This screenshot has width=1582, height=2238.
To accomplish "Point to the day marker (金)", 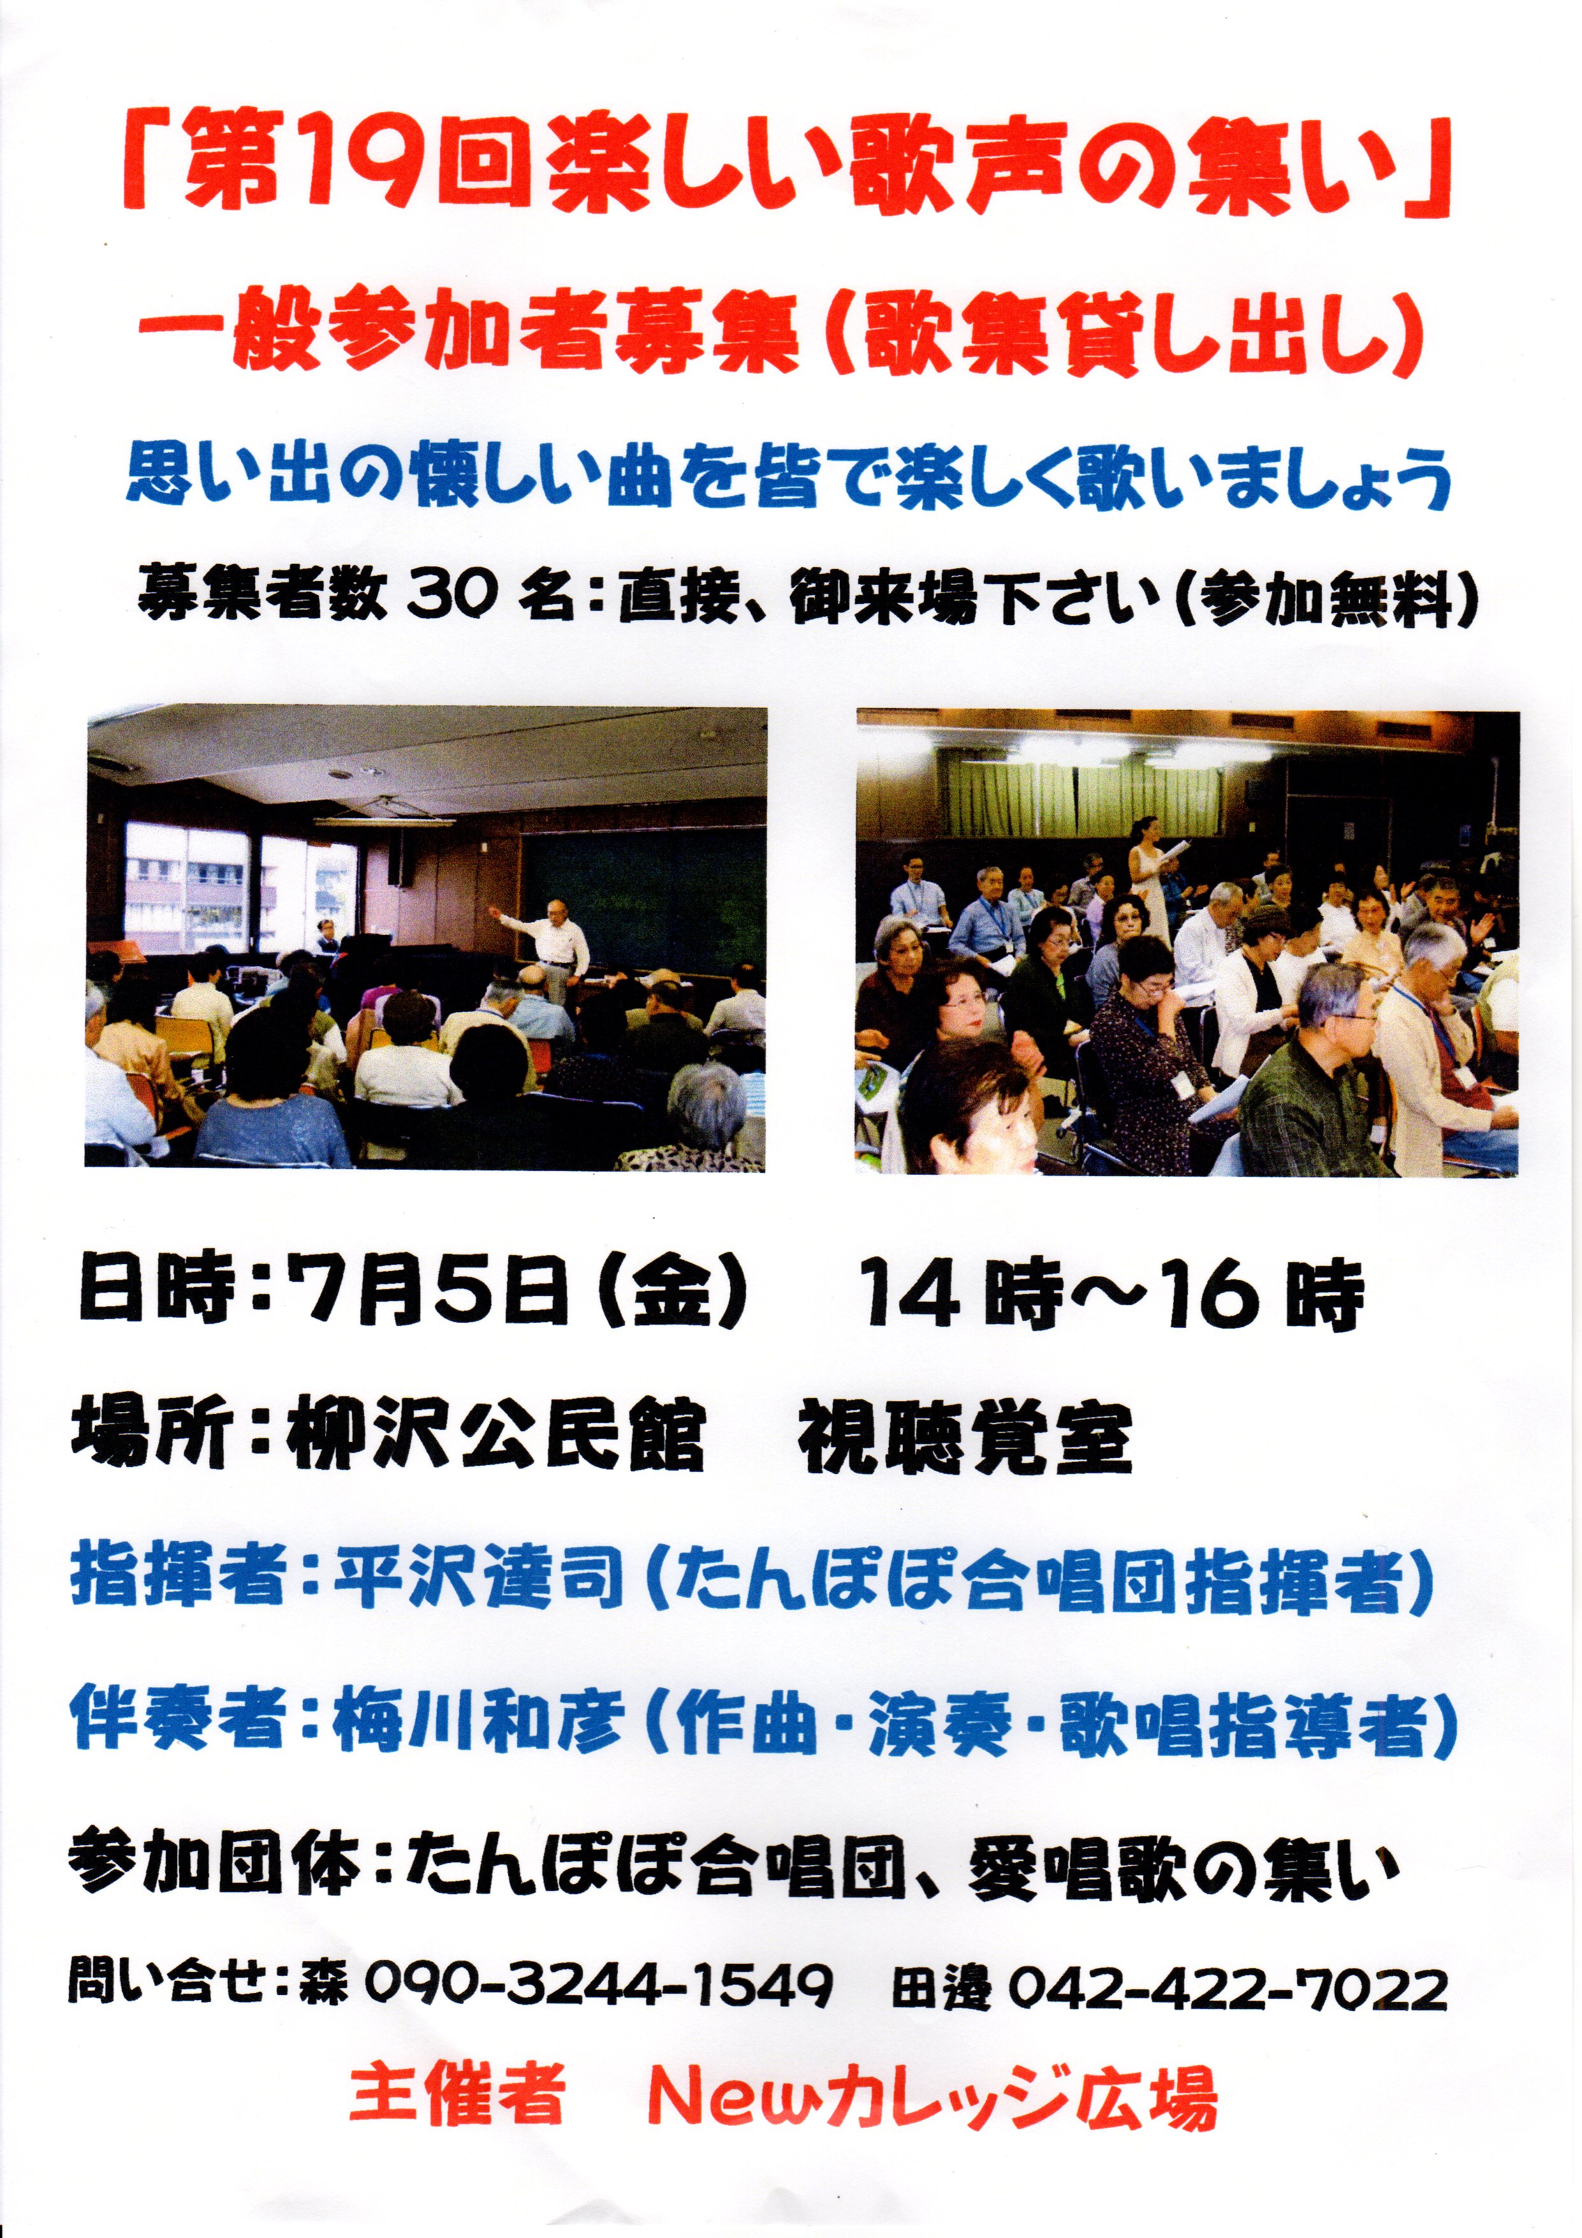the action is coord(671,1293).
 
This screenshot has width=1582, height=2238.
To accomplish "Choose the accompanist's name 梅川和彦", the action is coord(477,1723).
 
